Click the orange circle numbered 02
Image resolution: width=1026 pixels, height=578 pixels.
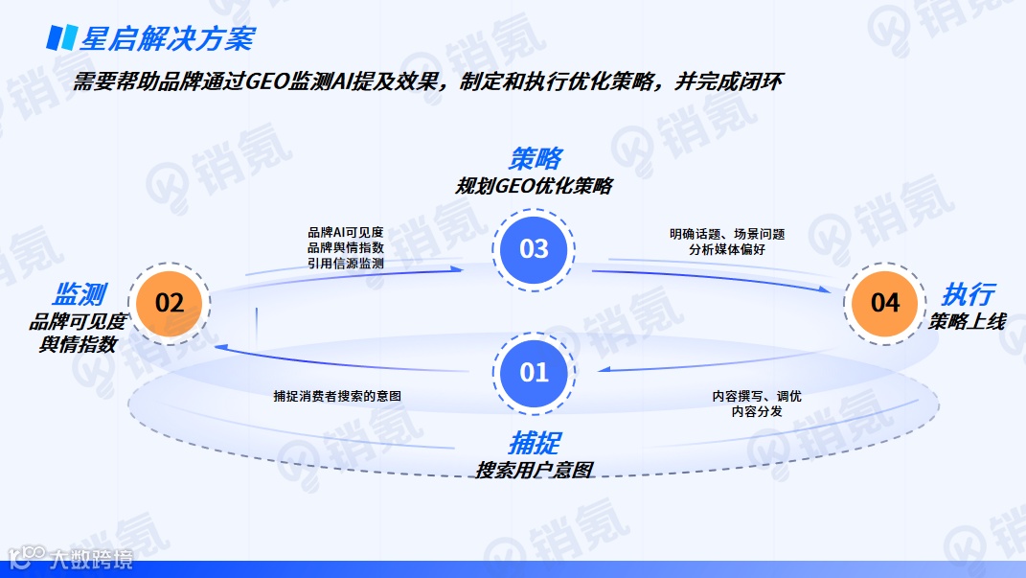pos(169,303)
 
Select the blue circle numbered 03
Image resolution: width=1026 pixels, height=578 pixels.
pos(534,249)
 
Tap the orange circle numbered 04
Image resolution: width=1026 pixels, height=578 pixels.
pos(885,303)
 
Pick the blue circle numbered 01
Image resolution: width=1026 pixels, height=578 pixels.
pos(534,372)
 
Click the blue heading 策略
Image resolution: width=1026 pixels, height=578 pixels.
pos(535,158)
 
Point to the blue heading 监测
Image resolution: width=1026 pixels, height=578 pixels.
pos(79,294)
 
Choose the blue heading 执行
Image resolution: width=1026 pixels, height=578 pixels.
pos(968,294)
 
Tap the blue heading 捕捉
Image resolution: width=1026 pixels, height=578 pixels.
pos(535,442)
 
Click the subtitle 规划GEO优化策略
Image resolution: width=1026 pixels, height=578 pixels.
pos(534,186)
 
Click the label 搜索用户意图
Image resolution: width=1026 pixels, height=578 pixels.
pos(535,470)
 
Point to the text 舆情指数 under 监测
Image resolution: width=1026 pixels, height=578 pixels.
pos(78,344)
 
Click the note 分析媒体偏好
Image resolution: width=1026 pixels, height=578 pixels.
pos(727,248)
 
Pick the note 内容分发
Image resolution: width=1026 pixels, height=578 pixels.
pos(757,411)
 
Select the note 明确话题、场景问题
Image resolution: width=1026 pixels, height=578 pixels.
pos(727,233)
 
